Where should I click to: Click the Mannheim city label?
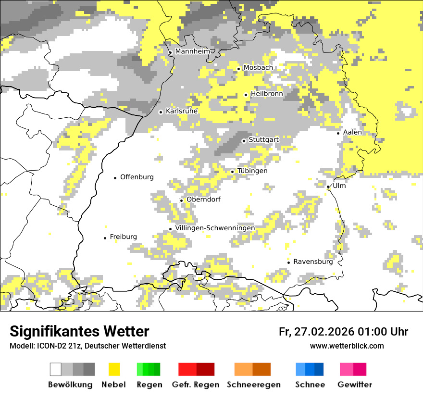coord(193,51)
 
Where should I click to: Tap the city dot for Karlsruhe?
coord(161,112)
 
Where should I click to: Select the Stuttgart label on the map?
coord(263,140)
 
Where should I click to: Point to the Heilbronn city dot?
coord(246,95)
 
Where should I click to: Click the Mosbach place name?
coord(258,68)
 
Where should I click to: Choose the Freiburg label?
coord(123,237)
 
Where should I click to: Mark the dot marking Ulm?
coord(328,187)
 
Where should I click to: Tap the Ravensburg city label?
coord(313,262)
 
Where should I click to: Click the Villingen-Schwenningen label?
coord(215,228)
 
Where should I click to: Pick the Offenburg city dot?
coord(115,178)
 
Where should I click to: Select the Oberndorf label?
coord(203,199)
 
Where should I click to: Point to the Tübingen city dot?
coord(233,172)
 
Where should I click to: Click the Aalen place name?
coord(352,132)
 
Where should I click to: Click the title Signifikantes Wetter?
coord(79,332)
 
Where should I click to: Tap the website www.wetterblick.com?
coord(347,346)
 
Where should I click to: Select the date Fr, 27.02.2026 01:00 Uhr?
coord(343,332)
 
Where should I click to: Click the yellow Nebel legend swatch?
coord(114,369)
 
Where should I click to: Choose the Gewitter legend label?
coord(354,385)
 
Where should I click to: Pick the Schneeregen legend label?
coord(253,385)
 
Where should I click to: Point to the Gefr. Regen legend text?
coord(195,385)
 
